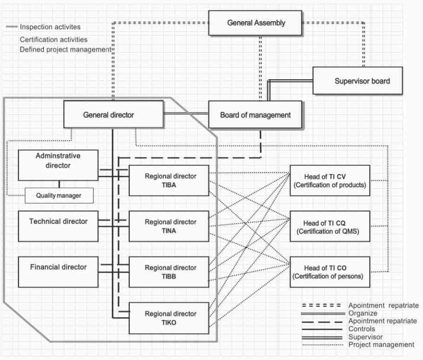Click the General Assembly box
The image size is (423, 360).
pyautogui.click(x=255, y=23)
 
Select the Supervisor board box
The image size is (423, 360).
pyautogui.click(x=357, y=81)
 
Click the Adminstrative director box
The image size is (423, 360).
pyautogui.click(x=58, y=165)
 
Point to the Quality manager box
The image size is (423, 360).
pyautogui.click(x=58, y=196)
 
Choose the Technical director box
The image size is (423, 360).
pyautogui.click(x=58, y=222)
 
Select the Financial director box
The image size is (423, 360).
pyautogui.click(x=58, y=267)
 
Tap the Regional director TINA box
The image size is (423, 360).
pyautogui.click(x=169, y=226)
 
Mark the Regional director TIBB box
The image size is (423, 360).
pyautogui.click(x=169, y=272)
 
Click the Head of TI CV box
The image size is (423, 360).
pyautogui.click(x=330, y=180)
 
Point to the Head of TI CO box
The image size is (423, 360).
pyautogui.click(x=330, y=272)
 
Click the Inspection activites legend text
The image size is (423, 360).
pyautogui.click(x=50, y=27)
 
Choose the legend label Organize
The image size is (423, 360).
pyautogui.click(x=362, y=313)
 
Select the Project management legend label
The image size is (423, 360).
pyautogui.click(x=381, y=344)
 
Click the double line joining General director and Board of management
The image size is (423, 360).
pyautogui.click(x=186, y=115)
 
